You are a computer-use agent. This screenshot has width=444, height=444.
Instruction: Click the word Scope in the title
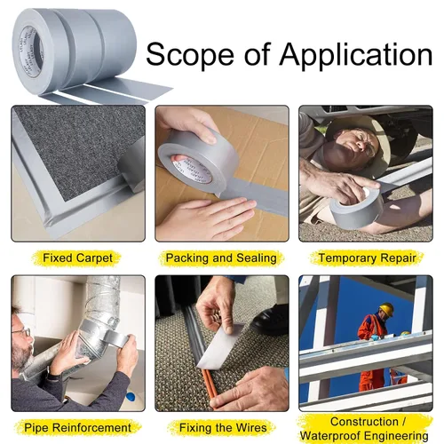(190, 54)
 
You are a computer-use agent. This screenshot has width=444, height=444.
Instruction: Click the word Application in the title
(356, 55)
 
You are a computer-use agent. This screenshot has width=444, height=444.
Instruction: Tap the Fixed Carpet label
(77, 258)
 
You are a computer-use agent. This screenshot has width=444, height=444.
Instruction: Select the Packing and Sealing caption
(221, 258)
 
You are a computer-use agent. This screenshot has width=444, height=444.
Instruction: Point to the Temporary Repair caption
(368, 258)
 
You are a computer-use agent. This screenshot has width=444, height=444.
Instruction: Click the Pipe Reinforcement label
(77, 428)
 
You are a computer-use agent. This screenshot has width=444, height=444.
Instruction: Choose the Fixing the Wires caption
(223, 428)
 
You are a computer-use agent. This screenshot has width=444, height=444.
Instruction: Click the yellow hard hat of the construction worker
(386, 309)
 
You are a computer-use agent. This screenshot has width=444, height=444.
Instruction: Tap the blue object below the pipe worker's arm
(131, 395)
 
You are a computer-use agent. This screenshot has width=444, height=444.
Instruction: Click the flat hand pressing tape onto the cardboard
(207, 218)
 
